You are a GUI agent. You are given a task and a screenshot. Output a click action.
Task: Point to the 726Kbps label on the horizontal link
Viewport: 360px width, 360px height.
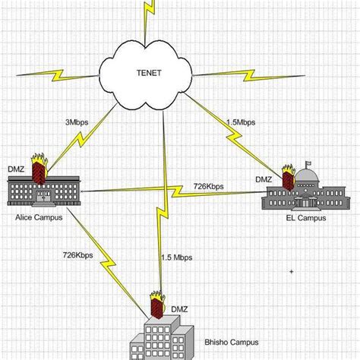(207, 186)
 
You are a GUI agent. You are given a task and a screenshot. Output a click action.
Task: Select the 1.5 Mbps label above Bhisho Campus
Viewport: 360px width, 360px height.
(176, 258)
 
